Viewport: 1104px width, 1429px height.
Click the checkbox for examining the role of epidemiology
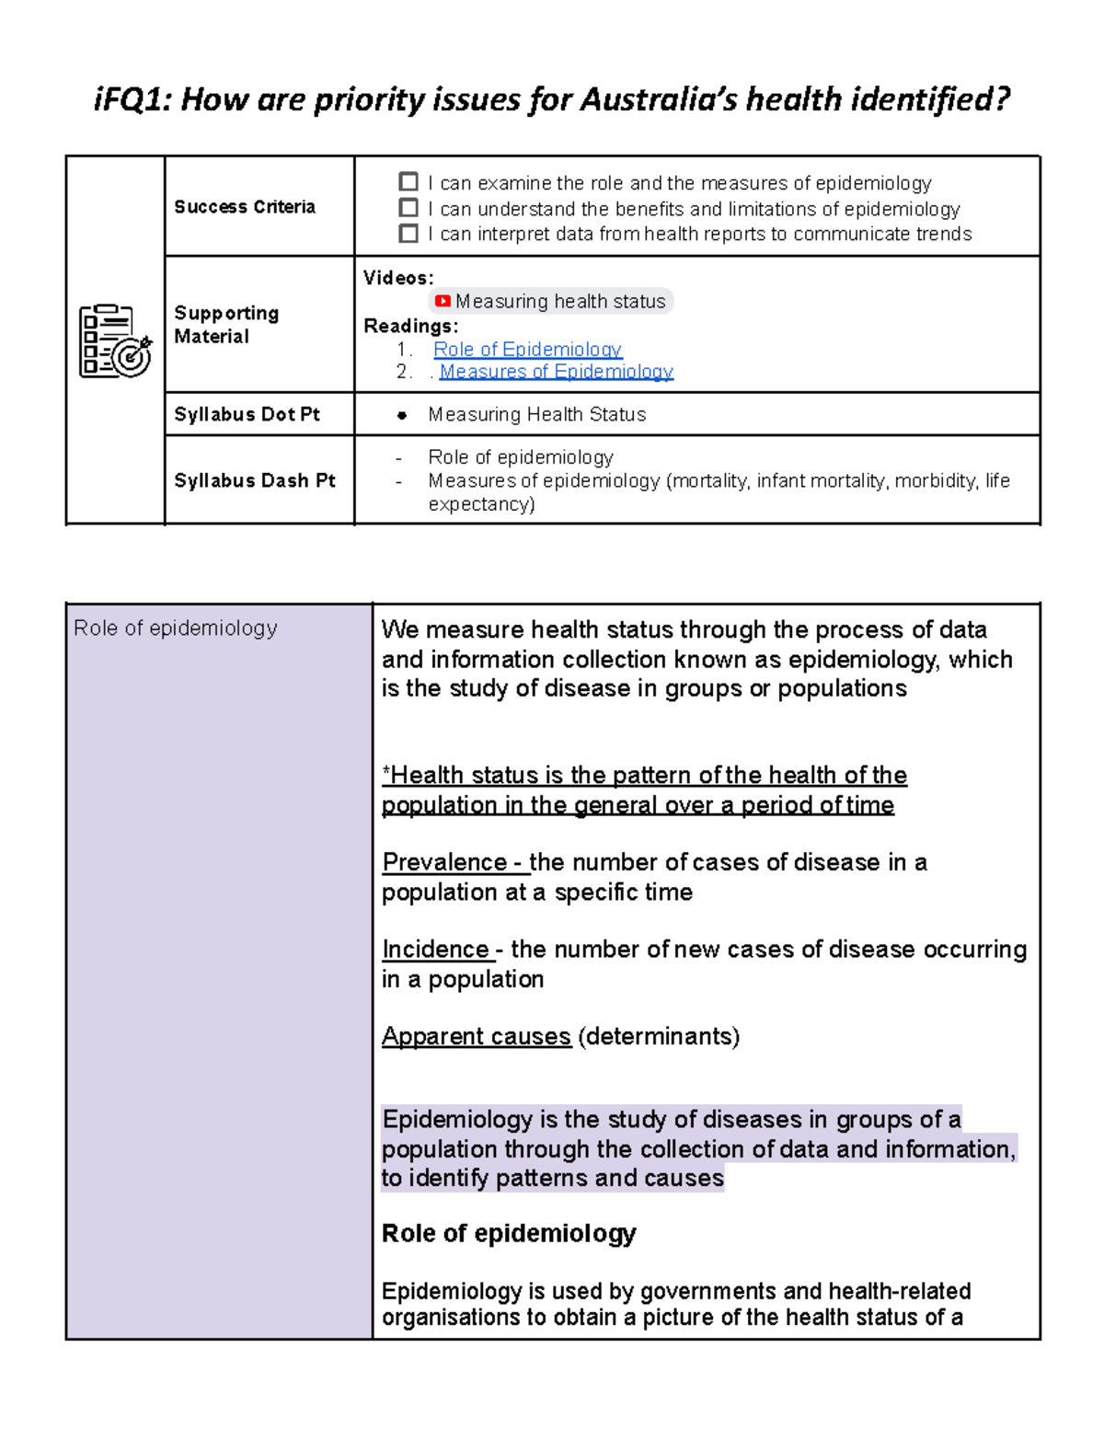pos(408,182)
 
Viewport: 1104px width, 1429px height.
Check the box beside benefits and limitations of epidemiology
pos(408,208)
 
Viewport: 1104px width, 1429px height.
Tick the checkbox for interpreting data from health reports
pos(408,234)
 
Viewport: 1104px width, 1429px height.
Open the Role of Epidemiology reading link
pos(527,350)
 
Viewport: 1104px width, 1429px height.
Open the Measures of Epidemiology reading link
pos(556,372)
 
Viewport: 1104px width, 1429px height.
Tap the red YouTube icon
pos(443,301)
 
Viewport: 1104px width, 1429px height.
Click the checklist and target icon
pos(115,340)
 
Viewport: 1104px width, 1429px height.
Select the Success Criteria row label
pos(245,207)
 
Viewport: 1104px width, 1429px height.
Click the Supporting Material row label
pos(226,325)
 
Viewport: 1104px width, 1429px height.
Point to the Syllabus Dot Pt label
pos(247,414)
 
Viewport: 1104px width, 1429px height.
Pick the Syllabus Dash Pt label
pos(255,480)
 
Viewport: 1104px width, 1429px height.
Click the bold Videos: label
pos(398,278)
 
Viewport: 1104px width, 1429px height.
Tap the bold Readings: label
pos(410,326)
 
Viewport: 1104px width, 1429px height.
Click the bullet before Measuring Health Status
pos(402,415)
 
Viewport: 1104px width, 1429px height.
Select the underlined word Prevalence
pos(445,862)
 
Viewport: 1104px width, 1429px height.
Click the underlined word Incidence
pos(436,949)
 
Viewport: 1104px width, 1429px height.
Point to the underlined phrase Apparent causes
pos(477,1036)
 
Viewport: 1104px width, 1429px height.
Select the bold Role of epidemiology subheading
pos(509,1233)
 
